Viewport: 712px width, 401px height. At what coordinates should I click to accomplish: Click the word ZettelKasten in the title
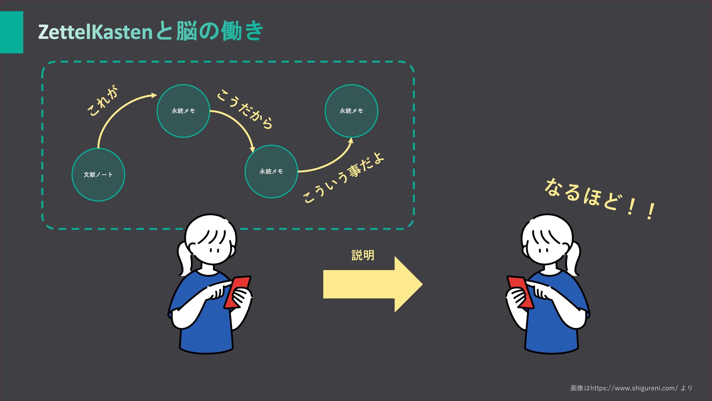coord(95,32)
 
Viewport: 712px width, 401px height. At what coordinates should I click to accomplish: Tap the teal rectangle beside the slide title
coord(11,32)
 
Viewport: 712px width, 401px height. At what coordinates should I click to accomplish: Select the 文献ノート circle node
coord(98,175)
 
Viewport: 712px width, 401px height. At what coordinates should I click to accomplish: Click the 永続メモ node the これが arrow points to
coord(183,111)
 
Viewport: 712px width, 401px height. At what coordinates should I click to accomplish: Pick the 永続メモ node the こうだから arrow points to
coord(271,171)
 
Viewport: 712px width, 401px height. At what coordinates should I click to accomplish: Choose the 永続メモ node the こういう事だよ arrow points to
coord(351,111)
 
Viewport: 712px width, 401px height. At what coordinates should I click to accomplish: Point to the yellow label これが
coord(103,101)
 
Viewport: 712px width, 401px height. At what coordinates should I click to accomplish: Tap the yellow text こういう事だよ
coord(343,178)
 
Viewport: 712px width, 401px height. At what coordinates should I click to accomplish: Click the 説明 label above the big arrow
coord(363,255)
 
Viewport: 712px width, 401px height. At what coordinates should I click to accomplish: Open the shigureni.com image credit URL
coord(634,388)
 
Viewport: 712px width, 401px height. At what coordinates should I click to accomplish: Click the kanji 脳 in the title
coord(187,31)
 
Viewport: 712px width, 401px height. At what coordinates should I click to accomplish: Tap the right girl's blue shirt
coord(553,327)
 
